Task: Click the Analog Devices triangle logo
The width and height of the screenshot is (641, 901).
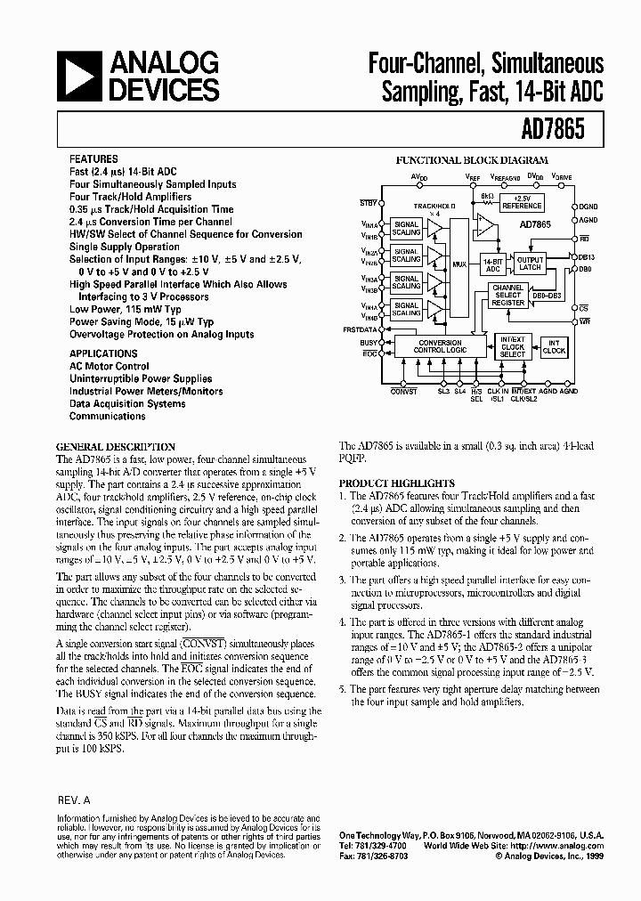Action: pyautogui.click(x=78, y=75)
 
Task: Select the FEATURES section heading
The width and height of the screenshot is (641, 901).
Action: pyautogui.click(x=93, y=159)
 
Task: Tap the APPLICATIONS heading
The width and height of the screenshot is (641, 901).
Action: pyautogui.click(x=102, y=353)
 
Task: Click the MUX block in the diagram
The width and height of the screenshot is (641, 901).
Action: pyautogui.click(x=458, y=265)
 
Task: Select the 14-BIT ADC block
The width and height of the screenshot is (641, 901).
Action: pyautogui.click(x=493, y=264)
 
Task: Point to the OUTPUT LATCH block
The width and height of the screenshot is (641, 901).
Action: pyautogui.click(x=531, y=263)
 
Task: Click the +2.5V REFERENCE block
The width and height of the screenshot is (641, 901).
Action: pyautogui.click(x=521, y=203)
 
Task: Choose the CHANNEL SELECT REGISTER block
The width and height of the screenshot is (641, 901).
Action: pyautogui.click(x=508, y=296)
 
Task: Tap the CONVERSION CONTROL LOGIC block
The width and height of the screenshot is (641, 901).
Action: pyautogui.click(x=440, y=346)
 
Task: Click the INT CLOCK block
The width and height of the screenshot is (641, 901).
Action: pyautogui.click(x=554, y=346)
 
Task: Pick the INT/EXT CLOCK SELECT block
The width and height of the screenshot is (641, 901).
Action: pyautogui.click(x=513, y=346)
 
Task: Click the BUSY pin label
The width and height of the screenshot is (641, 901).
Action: pyautogui.click(x=368, y=342)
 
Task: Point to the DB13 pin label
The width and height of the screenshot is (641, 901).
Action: pyautogui.click(x=585, y=256)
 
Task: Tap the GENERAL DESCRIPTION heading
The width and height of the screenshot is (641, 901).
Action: pyautogui.click(x=116, y=446)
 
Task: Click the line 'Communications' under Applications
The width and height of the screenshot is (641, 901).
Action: pyautogui.click(x=107, y=416)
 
